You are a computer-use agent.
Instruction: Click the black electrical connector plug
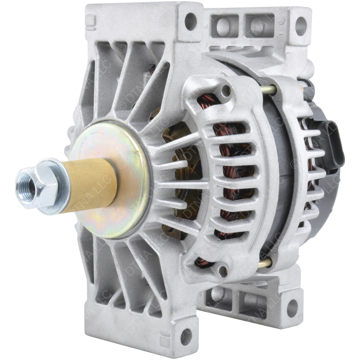(x=329, y=150)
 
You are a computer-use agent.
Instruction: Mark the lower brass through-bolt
(x=265, y=262)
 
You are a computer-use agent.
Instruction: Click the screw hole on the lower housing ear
(x=223, y=264)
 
